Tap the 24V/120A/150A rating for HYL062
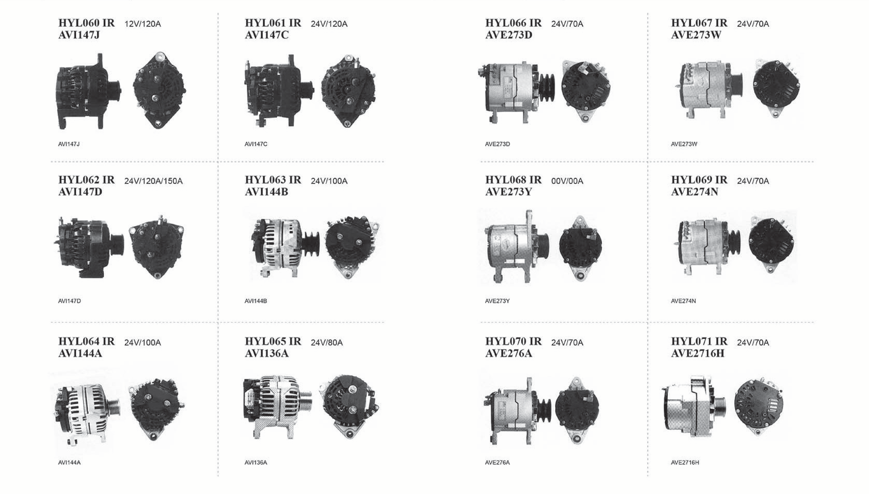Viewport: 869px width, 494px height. click(x=153, y=181)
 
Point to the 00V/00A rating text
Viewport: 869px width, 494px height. click(x=567, y=181)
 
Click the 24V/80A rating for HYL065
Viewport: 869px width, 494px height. click(x=327, y=342)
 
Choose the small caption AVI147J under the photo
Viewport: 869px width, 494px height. click(x=69, y=144)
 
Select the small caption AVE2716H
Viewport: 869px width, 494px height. click(x=685, y=462)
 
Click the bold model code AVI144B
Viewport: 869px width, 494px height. click(x=266, y=192)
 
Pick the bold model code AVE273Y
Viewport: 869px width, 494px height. click(x=508, y=192)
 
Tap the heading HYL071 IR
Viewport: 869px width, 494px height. click(x=699, y=341)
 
